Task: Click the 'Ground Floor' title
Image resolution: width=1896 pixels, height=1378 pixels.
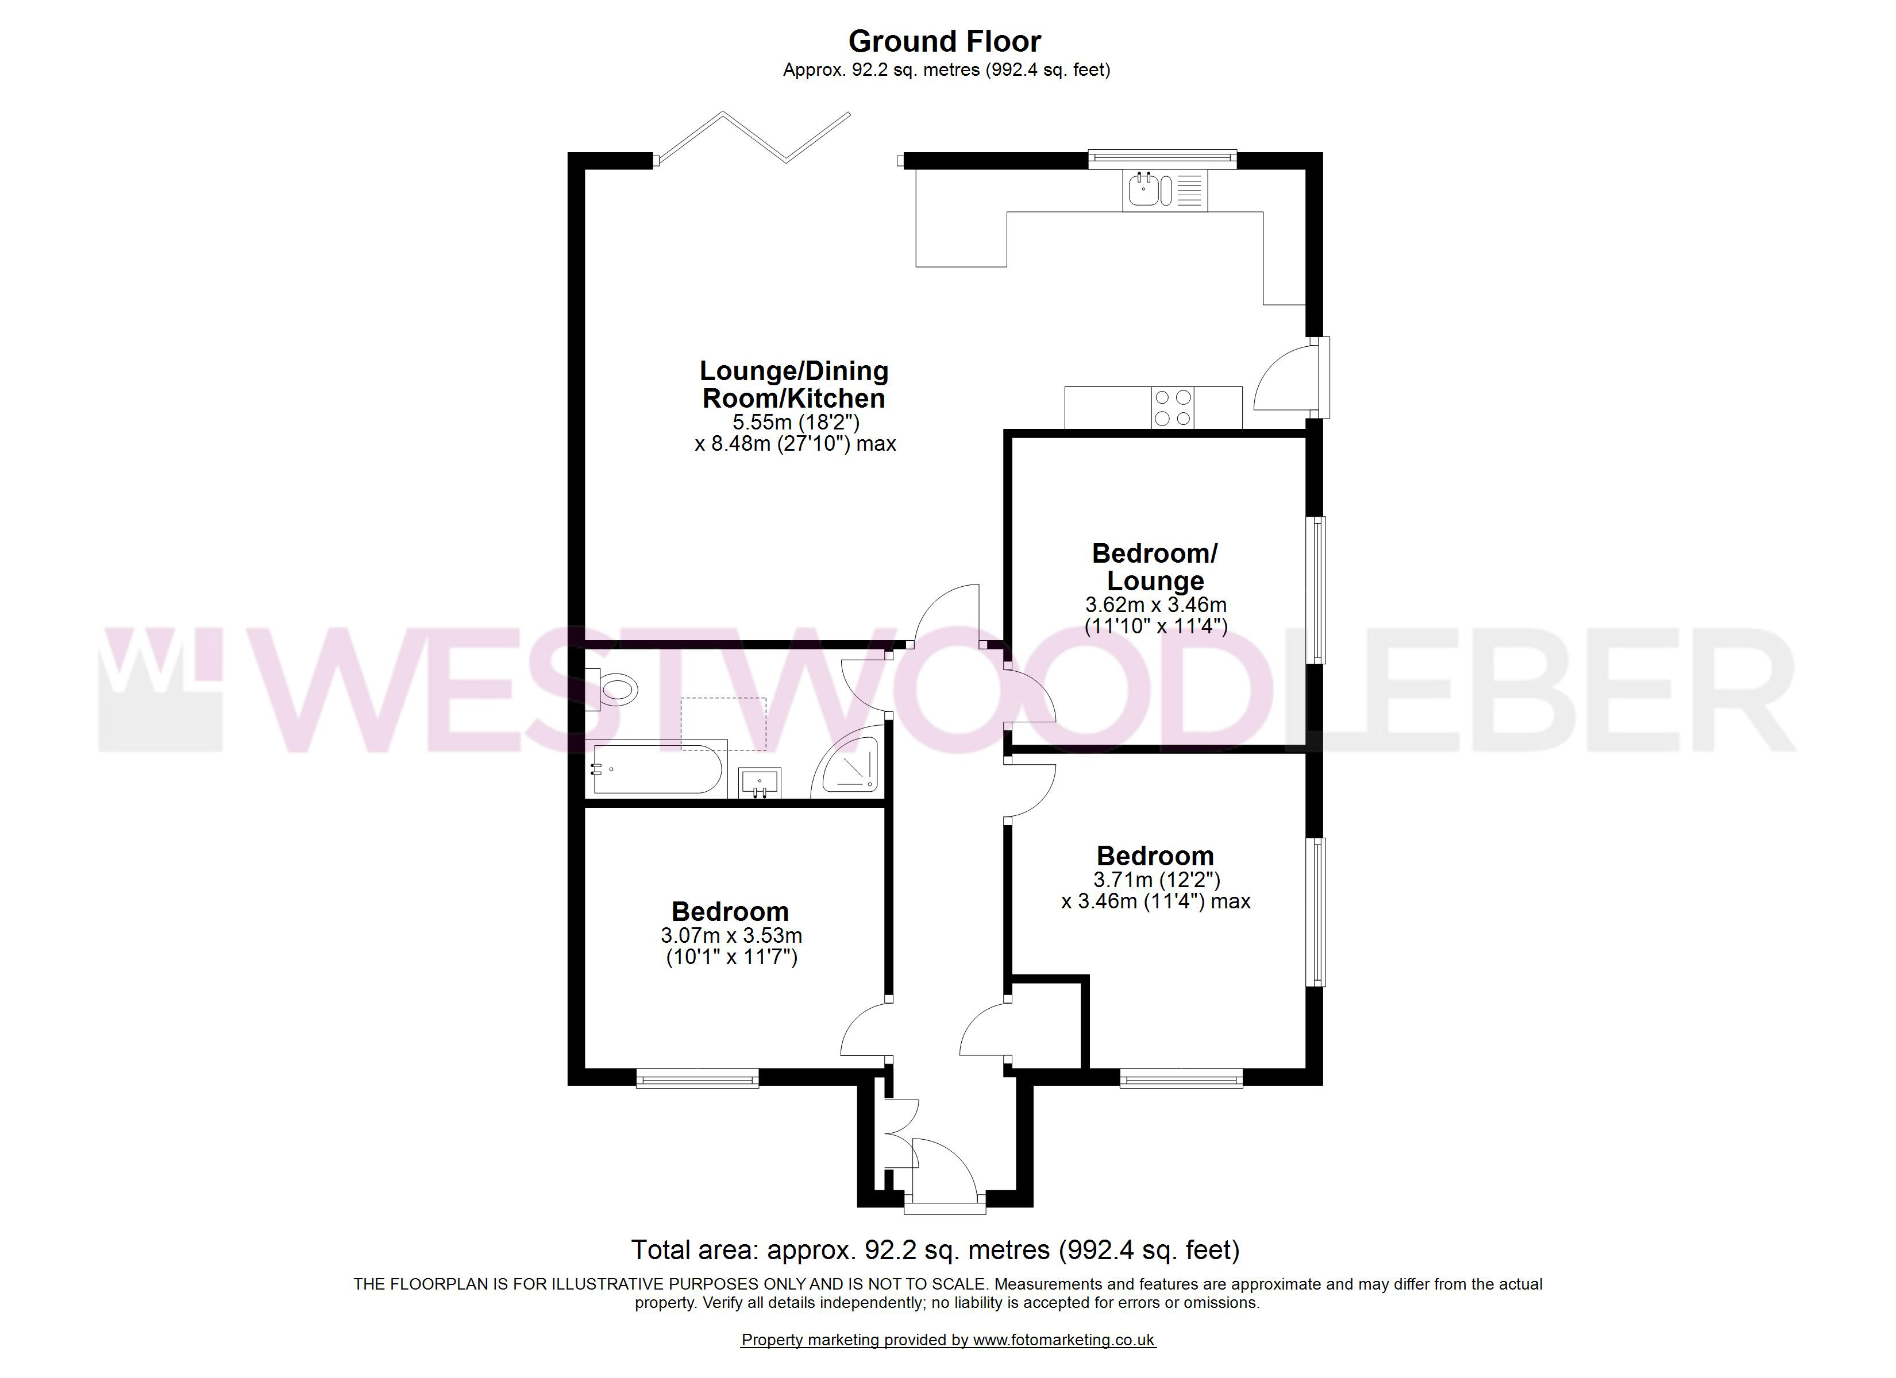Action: pyautogui.click(x=945, y=41)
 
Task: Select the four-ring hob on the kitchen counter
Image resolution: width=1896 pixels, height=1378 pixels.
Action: pyautogui.click(x=1172, y=408)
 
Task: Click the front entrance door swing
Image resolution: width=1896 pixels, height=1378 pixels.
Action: pyautogui.click(x=945, y=1175)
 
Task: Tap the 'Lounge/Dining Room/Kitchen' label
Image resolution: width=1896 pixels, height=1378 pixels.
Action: pyautogui.click(x=793, y=384)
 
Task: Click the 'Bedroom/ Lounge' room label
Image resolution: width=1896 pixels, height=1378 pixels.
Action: pyautogui.click(x=1155, y=567)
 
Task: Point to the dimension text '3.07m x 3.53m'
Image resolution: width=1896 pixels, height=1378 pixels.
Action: pyautogui.click(x=731, y=935)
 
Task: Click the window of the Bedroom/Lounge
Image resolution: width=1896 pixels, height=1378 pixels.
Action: pyautogui.click(x=1319, y=590)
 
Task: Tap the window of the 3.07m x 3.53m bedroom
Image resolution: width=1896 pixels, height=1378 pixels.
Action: pyautogui.click(x=697, y=1079)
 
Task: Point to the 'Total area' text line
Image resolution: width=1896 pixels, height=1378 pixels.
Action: pyautogui.click(x=935, y=1250)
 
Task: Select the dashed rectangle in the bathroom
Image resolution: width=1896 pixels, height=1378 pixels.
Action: pyautogui.click(x=724, y=723)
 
